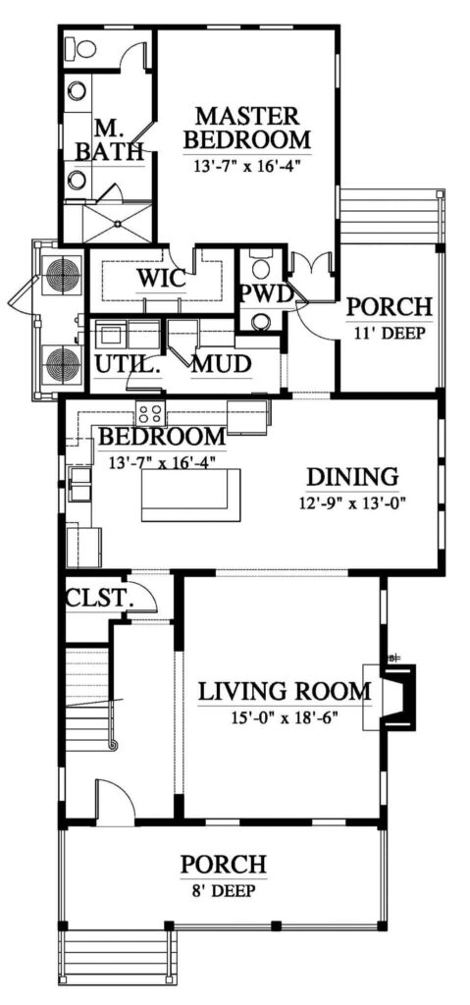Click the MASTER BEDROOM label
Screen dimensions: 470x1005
tap(247, 128)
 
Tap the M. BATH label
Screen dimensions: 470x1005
tap(110, 140)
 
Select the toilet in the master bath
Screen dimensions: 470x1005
tap(82, 47)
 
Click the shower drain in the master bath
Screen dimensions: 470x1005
tap(118, 223)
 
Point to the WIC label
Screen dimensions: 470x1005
tap(161, 279)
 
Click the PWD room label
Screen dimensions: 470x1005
tap(266, 292)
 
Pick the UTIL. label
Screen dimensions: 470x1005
tap(126, 365)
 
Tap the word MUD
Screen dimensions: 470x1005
tap(221, 365)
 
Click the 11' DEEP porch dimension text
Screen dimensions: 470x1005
tap(390, 332)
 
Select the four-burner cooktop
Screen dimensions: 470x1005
tap(150, 412)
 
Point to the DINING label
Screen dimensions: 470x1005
tap(353, 477)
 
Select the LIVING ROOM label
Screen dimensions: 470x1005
tap(284, 692)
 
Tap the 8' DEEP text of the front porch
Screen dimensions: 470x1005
tap(223, 891)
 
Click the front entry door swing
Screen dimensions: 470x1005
tap(116, 799)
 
